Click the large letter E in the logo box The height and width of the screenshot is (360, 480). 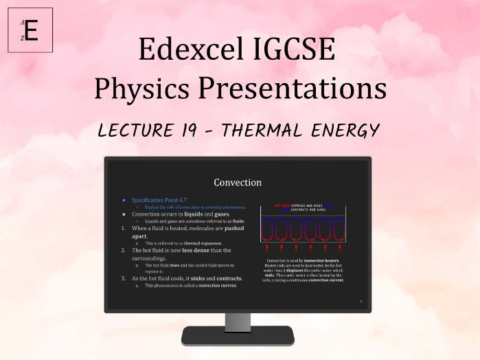click(32, 30)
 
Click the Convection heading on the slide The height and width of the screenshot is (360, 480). click(238, 183)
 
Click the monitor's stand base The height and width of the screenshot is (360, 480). click(238, 336)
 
